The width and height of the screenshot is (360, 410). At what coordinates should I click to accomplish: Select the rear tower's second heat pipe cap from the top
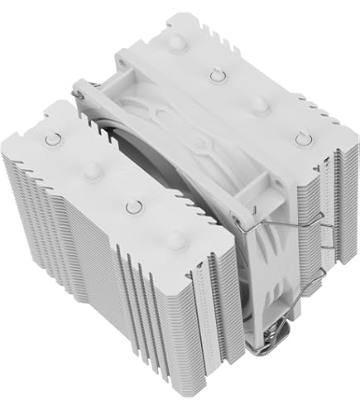216,75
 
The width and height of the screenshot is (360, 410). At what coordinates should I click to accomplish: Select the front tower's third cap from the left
131,205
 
